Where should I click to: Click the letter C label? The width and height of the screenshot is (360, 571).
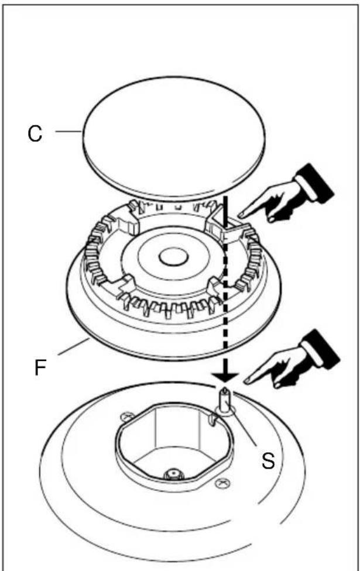(x=35, y=133)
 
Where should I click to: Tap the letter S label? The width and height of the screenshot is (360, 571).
(x=268, y=460)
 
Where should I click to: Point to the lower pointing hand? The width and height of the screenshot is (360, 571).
(x=292, y=360)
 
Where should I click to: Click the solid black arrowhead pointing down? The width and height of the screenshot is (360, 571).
(x=225, y=376)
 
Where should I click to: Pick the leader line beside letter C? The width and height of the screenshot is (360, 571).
(x=68, y=131)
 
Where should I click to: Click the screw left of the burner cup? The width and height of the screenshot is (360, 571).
(x=126, y=416)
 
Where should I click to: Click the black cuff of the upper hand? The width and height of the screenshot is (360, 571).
(x=315, y=181)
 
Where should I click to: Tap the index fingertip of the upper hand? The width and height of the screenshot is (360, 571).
(x=240, y=215)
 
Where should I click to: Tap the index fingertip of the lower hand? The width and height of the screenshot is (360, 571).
(x=246, y=381)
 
